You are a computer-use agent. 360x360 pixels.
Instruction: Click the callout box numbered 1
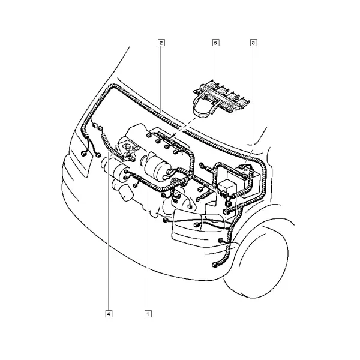[148, 313]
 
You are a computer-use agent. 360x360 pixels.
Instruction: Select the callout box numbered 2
[161, 43]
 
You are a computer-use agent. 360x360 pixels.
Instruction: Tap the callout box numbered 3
[253, 43]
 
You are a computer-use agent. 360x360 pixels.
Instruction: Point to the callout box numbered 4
[109, 313]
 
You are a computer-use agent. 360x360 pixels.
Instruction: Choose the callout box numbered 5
[215, 43]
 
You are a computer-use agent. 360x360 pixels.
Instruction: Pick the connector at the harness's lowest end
[215, 265]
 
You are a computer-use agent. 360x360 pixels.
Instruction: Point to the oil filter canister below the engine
[125, 193]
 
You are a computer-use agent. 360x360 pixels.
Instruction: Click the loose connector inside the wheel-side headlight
[197, 224]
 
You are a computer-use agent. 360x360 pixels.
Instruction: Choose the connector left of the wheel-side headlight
[165, 221]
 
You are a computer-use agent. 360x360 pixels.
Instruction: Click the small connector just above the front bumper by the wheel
[221, 240]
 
